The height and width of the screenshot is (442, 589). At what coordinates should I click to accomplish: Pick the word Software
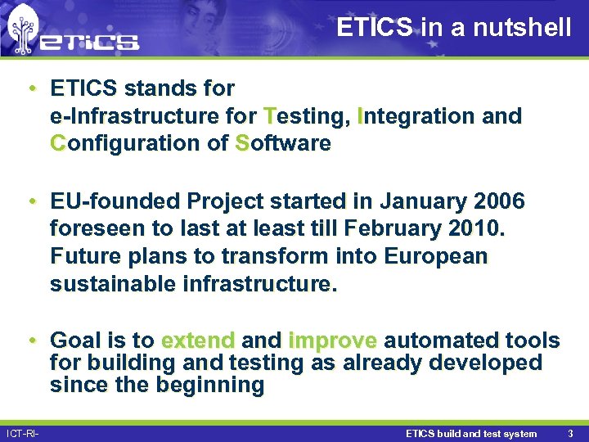coord(282,143)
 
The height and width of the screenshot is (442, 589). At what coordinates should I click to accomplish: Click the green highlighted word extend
coord(198,341)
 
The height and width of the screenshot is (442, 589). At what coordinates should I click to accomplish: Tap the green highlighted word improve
coord(333,341)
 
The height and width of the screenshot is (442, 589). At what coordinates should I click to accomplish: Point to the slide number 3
coord(569,434)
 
